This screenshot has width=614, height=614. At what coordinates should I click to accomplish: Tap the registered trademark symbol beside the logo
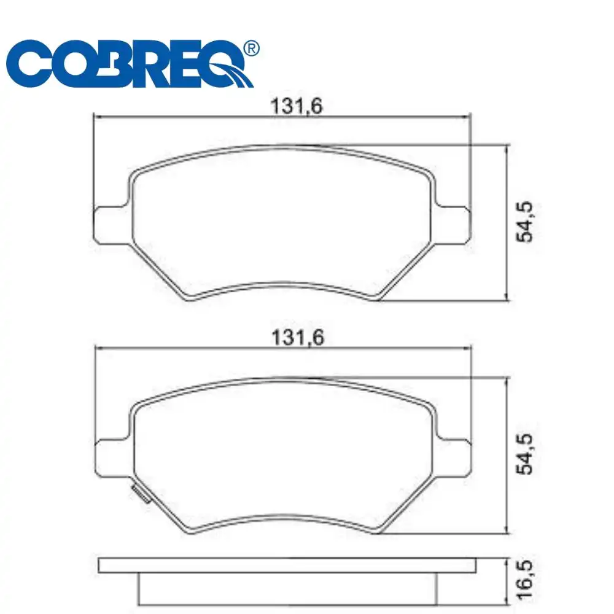251,48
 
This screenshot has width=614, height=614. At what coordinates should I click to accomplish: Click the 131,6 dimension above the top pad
297,106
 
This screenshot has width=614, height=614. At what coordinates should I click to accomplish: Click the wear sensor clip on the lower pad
139,493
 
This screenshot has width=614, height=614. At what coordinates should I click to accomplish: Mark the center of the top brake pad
282,221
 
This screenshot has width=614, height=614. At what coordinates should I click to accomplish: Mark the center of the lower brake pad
282,454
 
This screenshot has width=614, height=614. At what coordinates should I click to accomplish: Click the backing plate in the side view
287,565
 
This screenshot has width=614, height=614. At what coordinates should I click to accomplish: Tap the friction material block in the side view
287,588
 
